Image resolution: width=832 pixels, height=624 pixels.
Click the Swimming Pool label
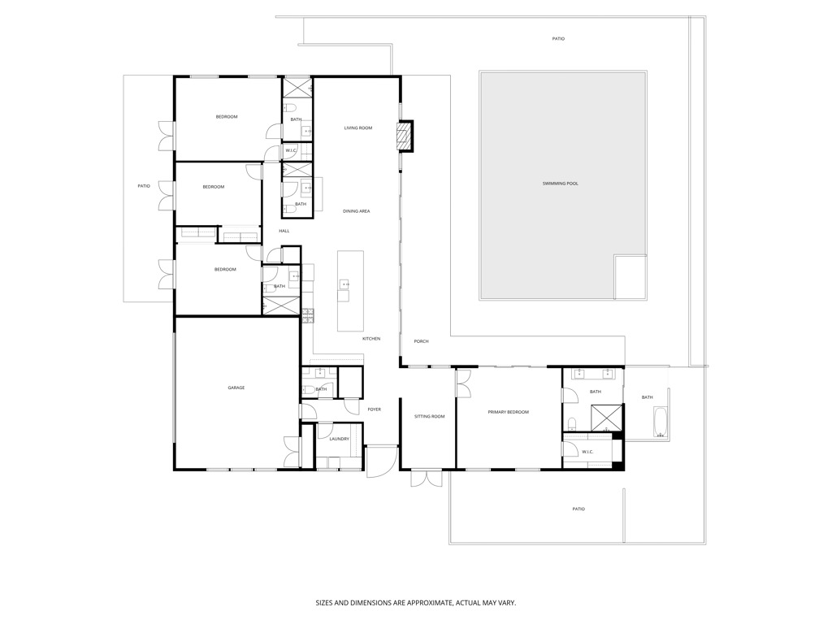coord(561,184)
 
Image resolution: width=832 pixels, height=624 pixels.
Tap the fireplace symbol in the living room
coord(405,136)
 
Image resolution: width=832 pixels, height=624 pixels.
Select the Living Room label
coord(357,128)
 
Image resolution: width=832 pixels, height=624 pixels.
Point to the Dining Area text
coord(356,211)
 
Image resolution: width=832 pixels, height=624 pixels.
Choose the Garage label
coord(236,388)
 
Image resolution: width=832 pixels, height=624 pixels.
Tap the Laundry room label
coord(339,439)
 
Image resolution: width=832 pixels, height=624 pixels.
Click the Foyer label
coord(374,409)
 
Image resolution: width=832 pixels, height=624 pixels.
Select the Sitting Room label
coord(429,416)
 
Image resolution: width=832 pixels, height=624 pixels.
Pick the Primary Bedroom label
coord(508,412)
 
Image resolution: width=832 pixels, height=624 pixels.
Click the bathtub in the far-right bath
coord(660,422)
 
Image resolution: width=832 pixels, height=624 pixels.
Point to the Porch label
coord(421,341)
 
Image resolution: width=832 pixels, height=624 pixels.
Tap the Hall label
coord(284,231)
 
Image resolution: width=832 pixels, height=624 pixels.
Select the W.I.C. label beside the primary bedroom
coord(588,452)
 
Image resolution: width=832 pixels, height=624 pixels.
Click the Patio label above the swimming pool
coord(558,38)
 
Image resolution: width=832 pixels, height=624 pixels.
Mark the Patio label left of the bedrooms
coord(144,186)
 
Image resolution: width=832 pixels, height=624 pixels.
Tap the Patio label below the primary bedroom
coord(578,509)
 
